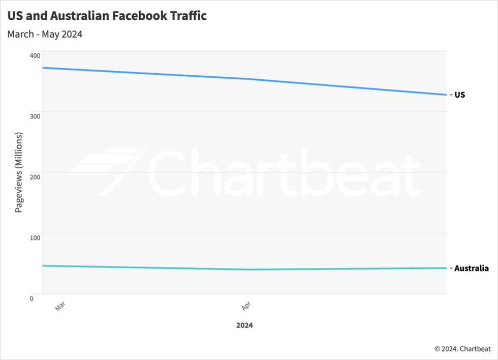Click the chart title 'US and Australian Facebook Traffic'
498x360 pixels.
[107, 16]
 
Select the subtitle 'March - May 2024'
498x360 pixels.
[45, 35]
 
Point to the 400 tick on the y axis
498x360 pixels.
[35, 55]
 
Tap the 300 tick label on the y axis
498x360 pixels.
[35, 116]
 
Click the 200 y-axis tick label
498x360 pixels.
[35, 177]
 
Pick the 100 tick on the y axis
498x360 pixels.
[35, 237]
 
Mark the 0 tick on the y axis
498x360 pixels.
[32, 298]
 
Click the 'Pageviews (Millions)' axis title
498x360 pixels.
[19, 172]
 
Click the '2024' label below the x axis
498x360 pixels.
[244, 325]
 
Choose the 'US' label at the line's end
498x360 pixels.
[459, 95]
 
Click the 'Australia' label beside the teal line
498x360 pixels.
[471, 268]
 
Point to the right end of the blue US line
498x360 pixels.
[446, 95]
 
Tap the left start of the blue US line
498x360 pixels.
[43, 68]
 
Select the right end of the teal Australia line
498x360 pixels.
[446, 268]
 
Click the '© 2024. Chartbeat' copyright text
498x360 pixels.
[462, 349]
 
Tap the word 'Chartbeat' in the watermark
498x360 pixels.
[285, 173]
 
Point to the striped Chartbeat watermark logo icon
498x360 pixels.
[107, 172]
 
